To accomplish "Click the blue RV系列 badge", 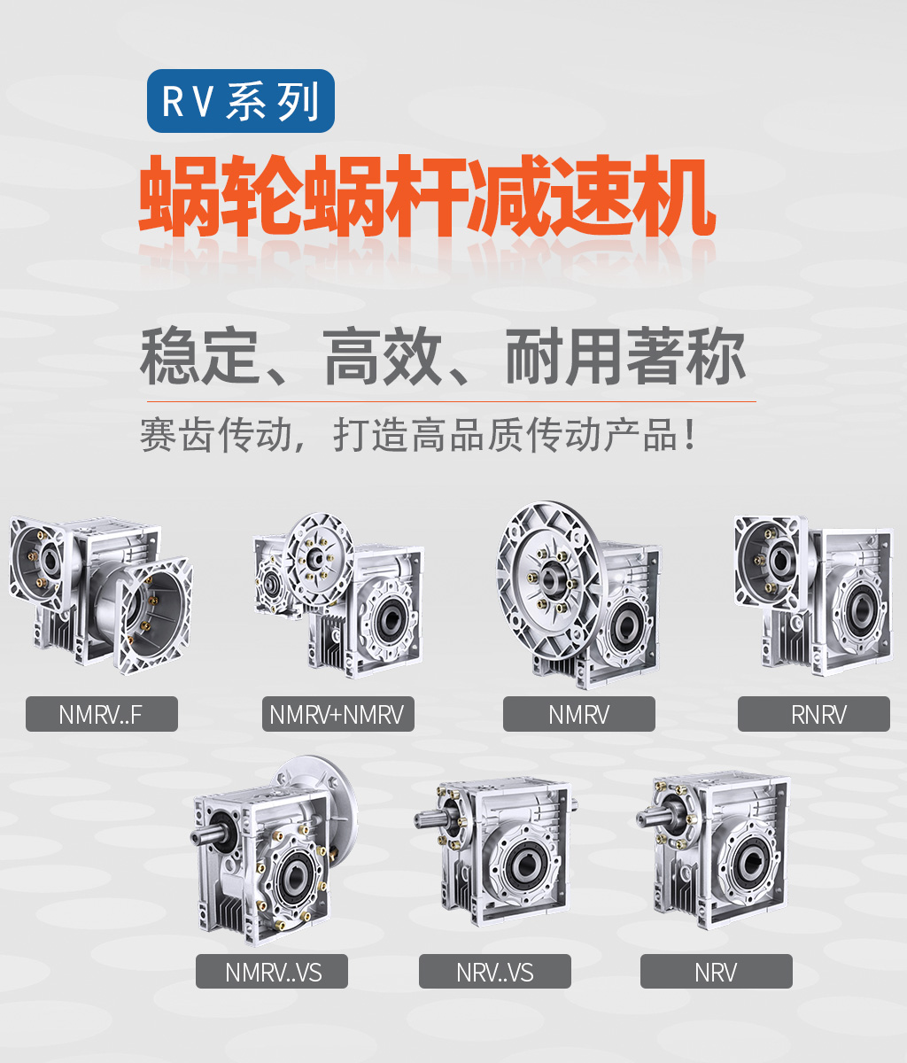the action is [241, 101].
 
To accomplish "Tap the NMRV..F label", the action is [102, 714].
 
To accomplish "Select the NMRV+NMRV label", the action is [337, 714].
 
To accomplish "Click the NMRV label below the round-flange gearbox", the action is [579, 714].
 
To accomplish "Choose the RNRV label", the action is [813, 714].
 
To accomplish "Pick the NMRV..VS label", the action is [272, 972].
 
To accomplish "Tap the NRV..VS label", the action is [494, 972].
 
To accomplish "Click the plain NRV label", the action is [717, 972].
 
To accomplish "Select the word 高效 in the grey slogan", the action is [383, 355].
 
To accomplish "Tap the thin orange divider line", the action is [452, 400].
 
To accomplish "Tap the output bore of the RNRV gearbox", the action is [858, 610].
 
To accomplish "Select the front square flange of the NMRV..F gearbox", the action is [152, 615].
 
